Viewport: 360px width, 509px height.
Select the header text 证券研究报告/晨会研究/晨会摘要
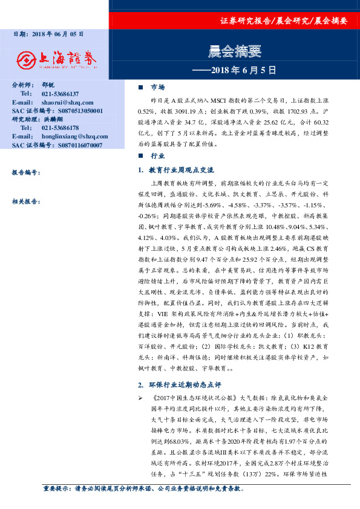tap(284, 21)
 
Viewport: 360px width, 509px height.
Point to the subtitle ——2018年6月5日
tap(234, 70)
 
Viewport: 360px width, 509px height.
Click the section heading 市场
tap(157, 87)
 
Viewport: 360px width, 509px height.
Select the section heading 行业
tap(157, 156)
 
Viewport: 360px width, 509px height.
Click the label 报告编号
tap(26, 173)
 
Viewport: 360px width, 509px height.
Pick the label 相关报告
tap(26, 202)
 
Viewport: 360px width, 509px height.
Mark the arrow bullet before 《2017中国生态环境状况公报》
tap(140, 398)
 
